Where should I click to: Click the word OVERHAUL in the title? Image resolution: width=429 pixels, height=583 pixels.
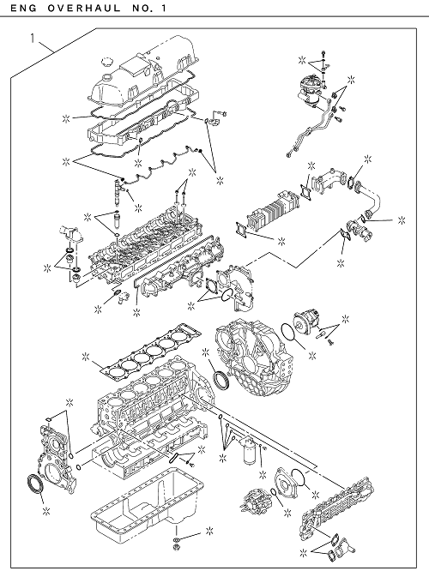click(x=84, y=8)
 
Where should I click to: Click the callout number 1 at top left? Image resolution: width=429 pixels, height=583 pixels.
click(x=33, y=39)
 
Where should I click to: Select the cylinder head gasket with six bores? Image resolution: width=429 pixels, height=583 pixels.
click(x=151, y=353)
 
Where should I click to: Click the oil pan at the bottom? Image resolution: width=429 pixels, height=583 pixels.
click(x=148, y=499)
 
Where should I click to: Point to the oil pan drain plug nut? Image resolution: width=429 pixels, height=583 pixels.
click(x=175, y=547)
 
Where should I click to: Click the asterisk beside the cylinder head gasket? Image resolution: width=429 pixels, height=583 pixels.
click(x=85, y=357)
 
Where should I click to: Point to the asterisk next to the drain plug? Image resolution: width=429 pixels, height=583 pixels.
click(x=209, y=532)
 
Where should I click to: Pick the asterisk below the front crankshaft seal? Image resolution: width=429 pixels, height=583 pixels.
click(x=46, y=511)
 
